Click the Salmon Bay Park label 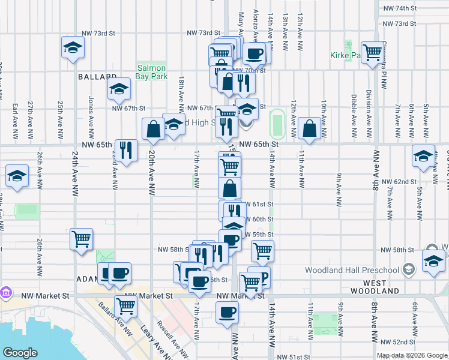151,72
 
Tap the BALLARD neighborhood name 97,77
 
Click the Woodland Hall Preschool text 351,270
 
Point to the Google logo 20,353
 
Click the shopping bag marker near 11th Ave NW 309,128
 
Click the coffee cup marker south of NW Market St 227,312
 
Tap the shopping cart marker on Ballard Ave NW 126,306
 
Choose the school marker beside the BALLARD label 119,89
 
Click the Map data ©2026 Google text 412,355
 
